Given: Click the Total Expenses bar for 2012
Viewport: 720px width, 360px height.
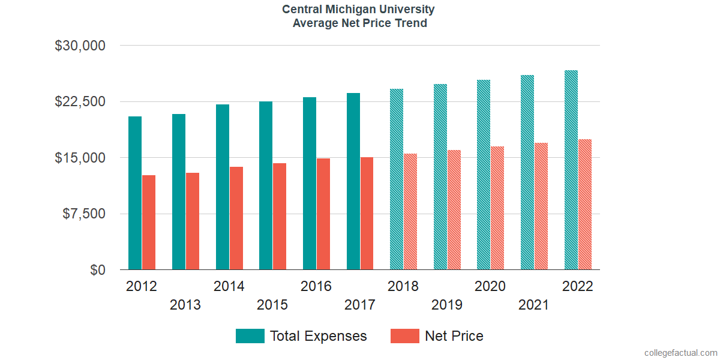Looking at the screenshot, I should tap(135, 193).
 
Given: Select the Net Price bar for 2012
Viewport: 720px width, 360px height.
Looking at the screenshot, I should tap(149, 223).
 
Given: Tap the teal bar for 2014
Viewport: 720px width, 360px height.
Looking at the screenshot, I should tap(223, 187).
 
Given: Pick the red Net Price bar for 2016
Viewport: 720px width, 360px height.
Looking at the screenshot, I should tap(323, 214).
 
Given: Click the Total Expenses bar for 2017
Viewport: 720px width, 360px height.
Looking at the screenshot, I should tap(353, 181).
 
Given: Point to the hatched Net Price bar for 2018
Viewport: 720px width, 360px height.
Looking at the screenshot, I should tap(410, 212).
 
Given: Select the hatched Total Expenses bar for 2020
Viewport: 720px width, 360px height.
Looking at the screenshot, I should tap(484, 175).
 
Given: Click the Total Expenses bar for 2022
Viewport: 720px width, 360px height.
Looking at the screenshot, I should tap(571, 170).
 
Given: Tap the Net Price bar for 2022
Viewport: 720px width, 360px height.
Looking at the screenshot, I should tap(585, 205).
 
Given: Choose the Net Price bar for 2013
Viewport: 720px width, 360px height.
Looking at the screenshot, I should tap(193, 221).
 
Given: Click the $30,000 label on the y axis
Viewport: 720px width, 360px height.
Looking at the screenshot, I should tap(80, 46).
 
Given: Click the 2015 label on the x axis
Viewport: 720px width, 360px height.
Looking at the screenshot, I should tap(272, 305).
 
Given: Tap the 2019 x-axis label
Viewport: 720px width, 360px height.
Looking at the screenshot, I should tap(447, 305).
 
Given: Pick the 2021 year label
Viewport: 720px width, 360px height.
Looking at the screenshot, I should tap(534, 305).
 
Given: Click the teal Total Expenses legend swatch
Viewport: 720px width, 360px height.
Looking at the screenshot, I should tap(250, 336).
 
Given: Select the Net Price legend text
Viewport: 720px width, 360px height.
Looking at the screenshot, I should tap(454, 336).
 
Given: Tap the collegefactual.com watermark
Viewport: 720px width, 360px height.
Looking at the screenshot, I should tap(680, 352).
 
